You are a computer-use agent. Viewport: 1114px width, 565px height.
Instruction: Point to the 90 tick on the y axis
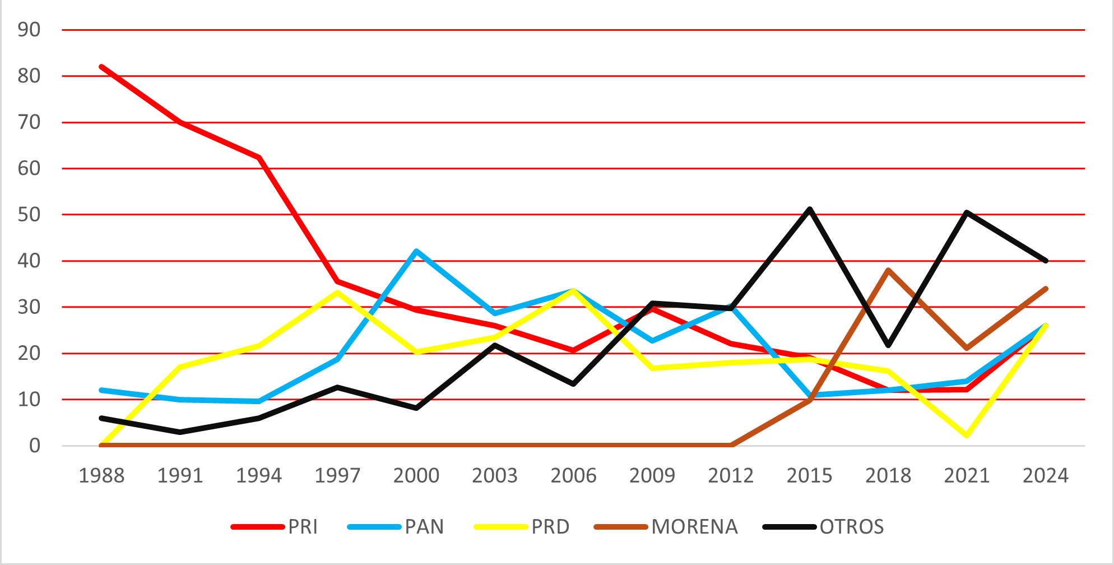click(29, 30)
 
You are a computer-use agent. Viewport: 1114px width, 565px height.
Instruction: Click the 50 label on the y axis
click(29, 215)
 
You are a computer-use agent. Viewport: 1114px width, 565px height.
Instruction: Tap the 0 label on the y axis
click(35, 446)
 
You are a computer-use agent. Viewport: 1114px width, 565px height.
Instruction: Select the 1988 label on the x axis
click(101, 476)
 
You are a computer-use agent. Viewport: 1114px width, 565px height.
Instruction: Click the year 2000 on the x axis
click(416, 476)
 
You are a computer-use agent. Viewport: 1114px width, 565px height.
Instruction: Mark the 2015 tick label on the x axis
click(810, 476)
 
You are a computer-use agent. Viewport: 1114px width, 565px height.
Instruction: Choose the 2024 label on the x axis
click(1046, 476)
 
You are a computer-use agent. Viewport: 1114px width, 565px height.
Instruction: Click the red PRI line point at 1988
click(101, 67)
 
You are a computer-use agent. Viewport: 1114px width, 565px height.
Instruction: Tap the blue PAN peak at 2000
click(416, 251)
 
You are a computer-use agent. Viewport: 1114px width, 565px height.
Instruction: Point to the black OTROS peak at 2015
click(810, 209)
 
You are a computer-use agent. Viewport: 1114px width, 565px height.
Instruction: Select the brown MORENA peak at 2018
click(889, 270)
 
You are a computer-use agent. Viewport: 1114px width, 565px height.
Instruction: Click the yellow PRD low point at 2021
click(967, 436)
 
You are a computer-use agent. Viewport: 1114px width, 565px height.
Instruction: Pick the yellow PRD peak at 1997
click(337, 292)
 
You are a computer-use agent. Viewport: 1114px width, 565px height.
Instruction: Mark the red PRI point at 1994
click(259, 158)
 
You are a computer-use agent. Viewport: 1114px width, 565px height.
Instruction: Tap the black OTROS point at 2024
click(1046, 261)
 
